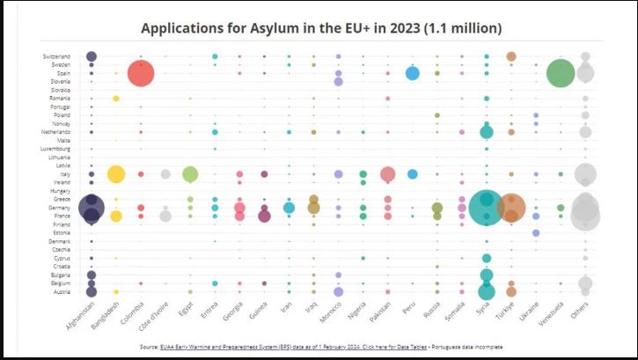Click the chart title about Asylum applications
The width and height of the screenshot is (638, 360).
321,28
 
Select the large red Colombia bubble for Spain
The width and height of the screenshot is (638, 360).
141,73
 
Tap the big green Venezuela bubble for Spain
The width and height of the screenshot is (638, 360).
560,73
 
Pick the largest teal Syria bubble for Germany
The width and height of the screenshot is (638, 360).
486,208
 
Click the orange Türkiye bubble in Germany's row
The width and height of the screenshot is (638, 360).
511,208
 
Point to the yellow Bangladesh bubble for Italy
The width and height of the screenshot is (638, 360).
115,174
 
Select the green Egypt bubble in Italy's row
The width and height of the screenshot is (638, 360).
190,174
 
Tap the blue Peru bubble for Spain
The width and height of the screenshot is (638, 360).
412,73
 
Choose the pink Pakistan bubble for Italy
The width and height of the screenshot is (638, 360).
387,174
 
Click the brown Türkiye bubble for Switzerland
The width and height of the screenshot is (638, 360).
511,56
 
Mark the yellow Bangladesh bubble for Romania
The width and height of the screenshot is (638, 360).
115,99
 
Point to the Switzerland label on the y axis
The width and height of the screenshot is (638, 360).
56,56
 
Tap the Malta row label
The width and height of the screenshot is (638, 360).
63,141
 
